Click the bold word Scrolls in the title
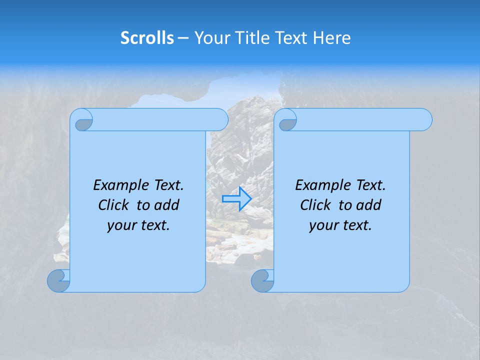click(147, 38)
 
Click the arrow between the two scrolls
click(237, 198)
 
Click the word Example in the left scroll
click(118, 185)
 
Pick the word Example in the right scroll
click(320, 185)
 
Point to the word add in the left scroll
click(167, 205)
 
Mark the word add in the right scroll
click(369, 205)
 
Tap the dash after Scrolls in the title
click(183, 38)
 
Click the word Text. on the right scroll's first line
click(370, 185)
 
